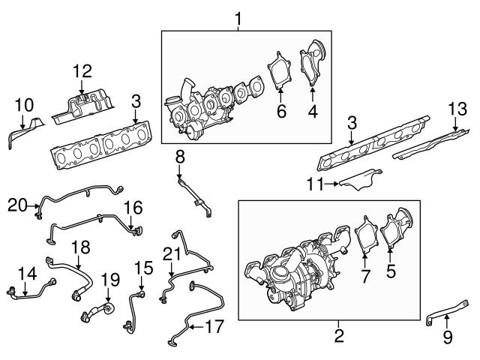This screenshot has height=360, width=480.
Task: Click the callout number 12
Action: pos(82,71)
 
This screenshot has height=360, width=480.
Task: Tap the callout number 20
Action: pos(18,204)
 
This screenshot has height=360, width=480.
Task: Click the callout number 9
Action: pos(447,337)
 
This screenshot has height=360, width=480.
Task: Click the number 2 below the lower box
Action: pos(339,335)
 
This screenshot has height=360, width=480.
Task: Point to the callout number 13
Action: pos(460,109)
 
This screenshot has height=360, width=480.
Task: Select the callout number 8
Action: pos(180,157)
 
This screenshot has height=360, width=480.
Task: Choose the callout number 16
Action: pos(132,205)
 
